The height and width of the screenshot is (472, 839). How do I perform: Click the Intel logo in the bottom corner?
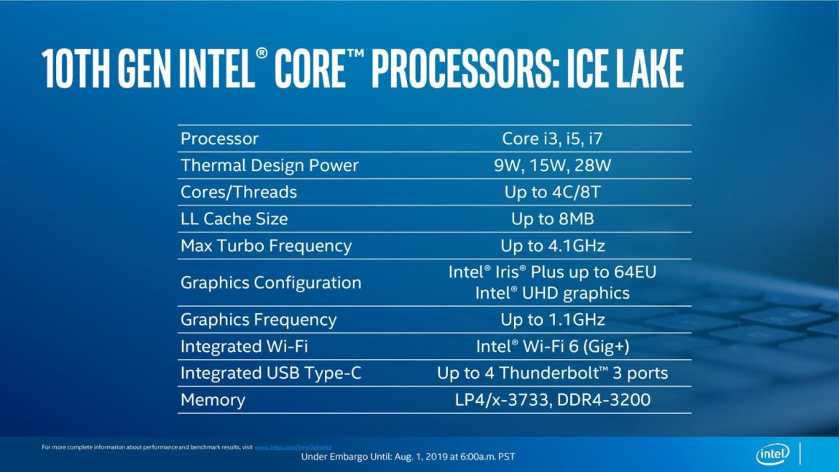[773, 455]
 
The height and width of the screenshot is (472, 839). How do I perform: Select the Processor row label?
[219, 138]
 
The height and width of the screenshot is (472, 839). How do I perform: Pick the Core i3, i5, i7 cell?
[552, 138]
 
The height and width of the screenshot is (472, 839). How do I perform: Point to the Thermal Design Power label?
[269, 165]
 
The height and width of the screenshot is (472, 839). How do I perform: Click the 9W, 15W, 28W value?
[552, 165]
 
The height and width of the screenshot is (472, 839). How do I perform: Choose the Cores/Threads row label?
[239, 192]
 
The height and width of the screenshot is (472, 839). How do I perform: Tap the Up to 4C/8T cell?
[553, 192]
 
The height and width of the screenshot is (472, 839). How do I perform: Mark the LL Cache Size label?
[234, 219]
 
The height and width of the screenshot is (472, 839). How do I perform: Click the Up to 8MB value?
[553, 219]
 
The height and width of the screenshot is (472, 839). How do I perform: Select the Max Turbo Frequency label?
[266, 246]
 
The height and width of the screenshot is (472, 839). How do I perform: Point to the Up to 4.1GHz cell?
[553, 246]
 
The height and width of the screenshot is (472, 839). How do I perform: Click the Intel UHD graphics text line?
[552, 294]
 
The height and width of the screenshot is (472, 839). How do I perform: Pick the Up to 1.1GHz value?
[553, 320]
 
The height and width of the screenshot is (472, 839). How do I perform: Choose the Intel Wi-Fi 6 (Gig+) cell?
[553, 347]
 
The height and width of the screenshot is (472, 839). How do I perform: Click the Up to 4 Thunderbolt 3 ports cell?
[553, 374]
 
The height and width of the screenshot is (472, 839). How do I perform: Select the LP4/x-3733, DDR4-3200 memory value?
[553, 400]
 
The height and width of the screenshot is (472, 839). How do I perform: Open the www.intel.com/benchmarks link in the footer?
[293, 447]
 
